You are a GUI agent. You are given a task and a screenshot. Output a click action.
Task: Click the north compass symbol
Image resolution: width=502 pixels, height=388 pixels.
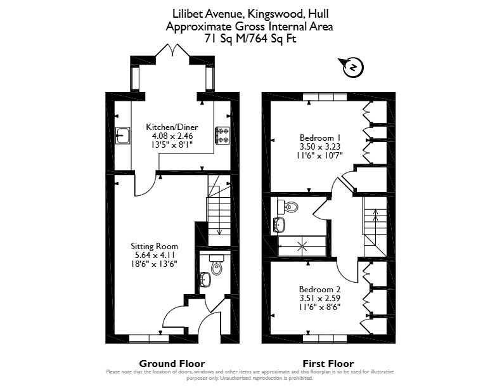354,68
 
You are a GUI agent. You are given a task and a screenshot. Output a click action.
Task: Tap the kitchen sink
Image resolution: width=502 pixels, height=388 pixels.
122,136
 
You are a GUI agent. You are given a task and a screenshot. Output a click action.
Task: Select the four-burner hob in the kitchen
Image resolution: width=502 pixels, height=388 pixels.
223,136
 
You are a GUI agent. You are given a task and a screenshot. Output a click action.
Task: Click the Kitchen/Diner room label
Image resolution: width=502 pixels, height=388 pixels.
172,127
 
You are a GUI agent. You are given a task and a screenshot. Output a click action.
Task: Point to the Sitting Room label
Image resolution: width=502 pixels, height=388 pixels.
154,246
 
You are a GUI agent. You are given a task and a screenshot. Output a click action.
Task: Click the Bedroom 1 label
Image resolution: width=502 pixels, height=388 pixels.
320,138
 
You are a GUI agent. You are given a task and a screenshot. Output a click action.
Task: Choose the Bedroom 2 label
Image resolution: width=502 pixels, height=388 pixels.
320,289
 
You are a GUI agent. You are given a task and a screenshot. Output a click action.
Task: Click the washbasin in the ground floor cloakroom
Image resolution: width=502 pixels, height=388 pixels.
205,280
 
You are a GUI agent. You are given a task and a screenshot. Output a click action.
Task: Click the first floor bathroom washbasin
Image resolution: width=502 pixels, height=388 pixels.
280,224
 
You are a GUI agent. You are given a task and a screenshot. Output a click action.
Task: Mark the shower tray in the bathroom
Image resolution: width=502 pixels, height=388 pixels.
302,246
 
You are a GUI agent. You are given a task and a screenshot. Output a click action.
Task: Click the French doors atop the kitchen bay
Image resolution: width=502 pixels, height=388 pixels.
172,50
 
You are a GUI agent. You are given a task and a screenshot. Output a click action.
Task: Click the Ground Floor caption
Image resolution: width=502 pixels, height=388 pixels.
172,364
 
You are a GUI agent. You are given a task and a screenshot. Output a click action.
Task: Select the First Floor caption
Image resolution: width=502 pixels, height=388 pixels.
328,364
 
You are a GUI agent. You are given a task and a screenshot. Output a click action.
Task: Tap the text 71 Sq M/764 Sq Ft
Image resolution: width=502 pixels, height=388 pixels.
250,39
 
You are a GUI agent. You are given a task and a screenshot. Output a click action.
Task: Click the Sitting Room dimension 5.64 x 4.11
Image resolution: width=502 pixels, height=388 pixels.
155,255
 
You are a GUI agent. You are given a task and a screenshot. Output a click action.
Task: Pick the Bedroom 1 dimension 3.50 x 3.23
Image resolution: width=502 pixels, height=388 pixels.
320,146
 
